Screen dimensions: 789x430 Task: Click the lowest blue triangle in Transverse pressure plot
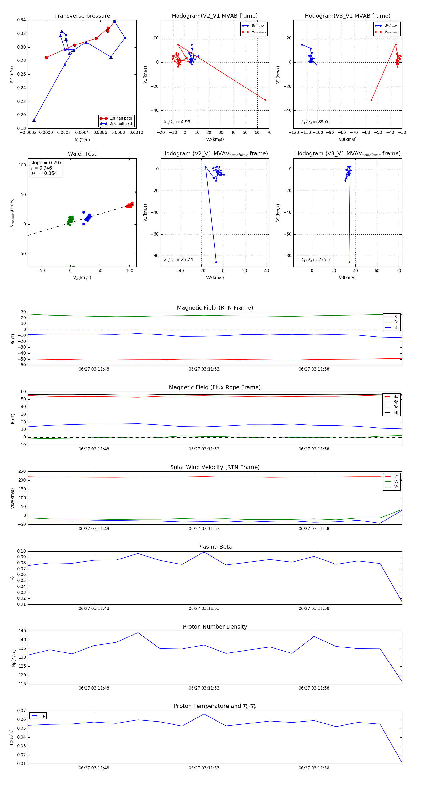pos(34,120)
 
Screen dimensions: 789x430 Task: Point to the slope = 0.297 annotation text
pos(46,163)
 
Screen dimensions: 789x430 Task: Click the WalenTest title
pos(82,154)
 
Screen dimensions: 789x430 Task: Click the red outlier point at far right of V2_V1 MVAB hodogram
pos(265,100)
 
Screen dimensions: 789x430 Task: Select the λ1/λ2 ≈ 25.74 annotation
pos(178,260)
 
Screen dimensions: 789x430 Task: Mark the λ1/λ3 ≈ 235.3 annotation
pos(316,260)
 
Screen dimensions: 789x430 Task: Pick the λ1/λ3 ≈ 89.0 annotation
pos(315,122)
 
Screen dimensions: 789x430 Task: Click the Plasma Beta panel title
pos(215,547)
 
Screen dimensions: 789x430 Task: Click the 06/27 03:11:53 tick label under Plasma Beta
pos(204,608)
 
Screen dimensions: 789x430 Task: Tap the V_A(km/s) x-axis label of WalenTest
pos(82,278)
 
